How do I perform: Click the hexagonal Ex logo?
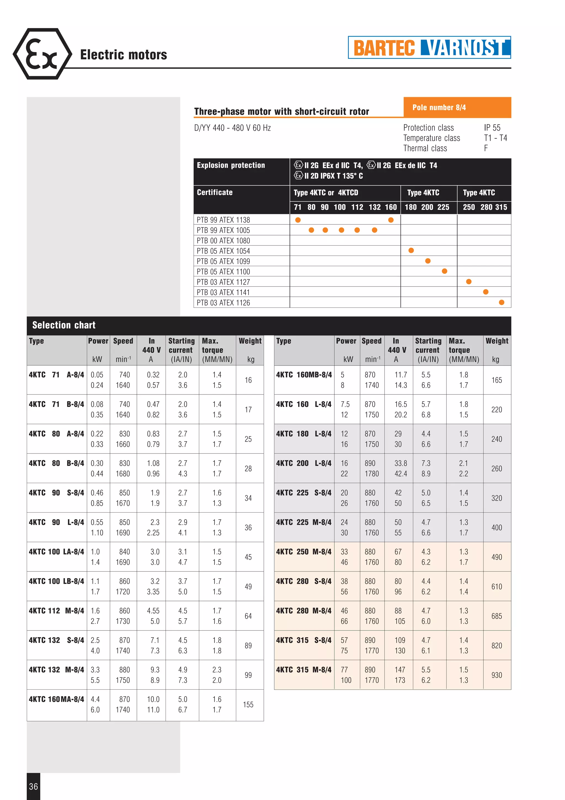tap(42, 54)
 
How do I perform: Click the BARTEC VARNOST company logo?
tap(429, 47)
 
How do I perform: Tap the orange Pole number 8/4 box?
tap(457, 107)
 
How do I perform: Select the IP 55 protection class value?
tap(492, 128)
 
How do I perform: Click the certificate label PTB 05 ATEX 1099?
tap(223, 261)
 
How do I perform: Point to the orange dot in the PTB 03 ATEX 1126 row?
tap(501, 303)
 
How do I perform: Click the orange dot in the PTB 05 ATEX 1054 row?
tap(411, 251)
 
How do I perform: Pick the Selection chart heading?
tap(64, 325)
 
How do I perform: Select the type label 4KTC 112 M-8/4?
tap(56, 611)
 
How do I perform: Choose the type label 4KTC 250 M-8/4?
tap(303, 552)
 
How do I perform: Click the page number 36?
tap(33, 786)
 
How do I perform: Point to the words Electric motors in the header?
tap(123, 55)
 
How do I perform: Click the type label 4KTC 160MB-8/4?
tap(303, 375)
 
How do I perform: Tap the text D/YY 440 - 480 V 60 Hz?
tap(232, 128)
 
